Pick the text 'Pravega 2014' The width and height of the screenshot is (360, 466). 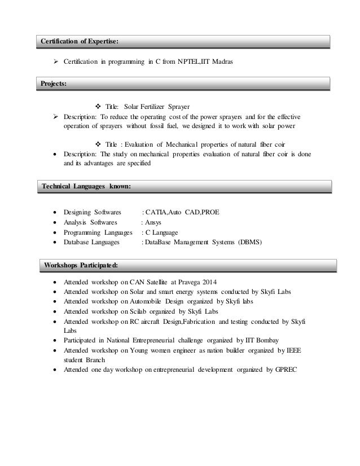coord(196,282)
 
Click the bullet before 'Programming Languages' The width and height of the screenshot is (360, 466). coord(54,232)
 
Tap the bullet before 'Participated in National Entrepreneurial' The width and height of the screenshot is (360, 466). coord(54,340)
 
